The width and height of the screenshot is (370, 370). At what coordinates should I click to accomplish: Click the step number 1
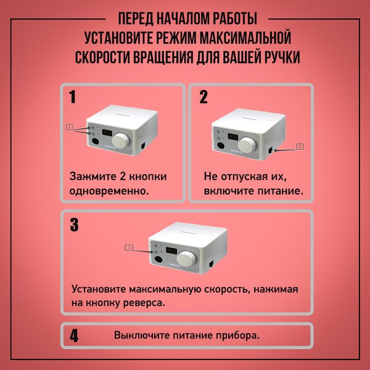point(73,97)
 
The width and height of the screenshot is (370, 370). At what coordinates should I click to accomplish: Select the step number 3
point(74,224)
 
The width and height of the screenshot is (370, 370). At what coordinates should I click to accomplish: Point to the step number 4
point(74,337)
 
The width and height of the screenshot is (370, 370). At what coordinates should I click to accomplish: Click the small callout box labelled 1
point(70,126)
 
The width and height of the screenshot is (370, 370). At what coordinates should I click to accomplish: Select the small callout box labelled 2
point(300,147)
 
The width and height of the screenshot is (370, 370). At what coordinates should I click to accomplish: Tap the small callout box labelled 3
point(129,247)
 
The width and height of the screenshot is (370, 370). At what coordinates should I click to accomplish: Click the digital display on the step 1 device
point(107,131)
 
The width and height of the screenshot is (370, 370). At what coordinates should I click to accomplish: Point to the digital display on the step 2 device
point(231,136)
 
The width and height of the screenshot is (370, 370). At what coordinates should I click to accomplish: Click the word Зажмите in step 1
point(92,177)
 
